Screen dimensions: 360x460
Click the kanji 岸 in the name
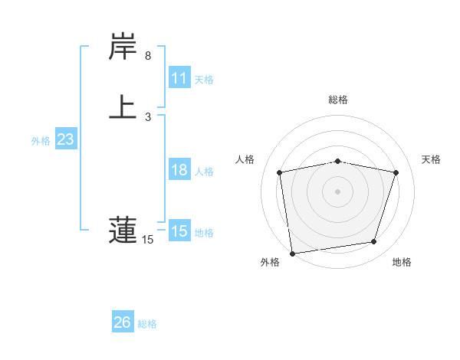coord(123,48)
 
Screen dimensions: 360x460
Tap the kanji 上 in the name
coord(123,106)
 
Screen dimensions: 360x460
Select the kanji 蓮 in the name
coord(123,231)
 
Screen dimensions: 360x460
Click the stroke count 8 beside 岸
coord(148,56)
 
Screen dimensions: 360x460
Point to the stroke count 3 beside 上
coord(148,116)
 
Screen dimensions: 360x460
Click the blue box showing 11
coord(179,78)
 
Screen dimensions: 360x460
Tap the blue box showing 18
coord(179,170)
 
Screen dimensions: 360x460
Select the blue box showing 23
coord(65,140)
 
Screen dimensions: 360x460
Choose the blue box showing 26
coord(123,322)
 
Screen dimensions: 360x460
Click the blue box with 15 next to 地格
coord(179,231)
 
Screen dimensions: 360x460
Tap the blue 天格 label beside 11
coord(204,80)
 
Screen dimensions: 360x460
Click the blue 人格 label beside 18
coord(204,172)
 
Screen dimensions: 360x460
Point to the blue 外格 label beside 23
coord(41,141)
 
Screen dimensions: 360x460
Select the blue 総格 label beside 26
coord(147,324)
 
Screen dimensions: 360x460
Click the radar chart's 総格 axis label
coord(338,100)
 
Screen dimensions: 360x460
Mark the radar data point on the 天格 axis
coord(396,172)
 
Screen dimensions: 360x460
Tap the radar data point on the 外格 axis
coord(292,253)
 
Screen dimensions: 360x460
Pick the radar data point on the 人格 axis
coord(280,172)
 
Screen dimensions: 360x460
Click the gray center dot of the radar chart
coord(338,191)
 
